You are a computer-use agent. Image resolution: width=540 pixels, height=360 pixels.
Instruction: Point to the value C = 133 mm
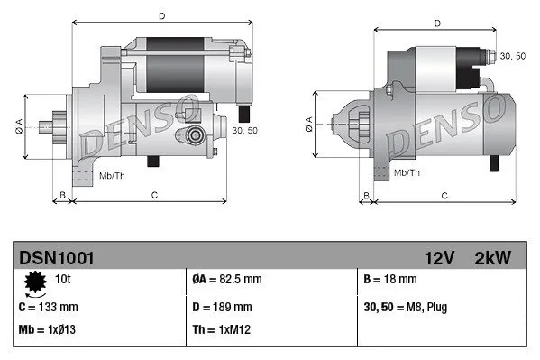pos(50,306)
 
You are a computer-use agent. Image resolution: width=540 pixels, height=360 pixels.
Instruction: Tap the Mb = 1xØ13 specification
pos(49,329)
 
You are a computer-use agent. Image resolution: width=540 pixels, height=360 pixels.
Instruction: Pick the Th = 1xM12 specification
pos(222,329)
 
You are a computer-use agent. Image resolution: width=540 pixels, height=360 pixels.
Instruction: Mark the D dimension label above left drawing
pos(161,15)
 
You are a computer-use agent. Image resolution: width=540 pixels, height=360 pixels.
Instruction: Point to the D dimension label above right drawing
pos(436,23)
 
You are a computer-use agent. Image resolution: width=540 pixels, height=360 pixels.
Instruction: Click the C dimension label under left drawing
pos(155,194)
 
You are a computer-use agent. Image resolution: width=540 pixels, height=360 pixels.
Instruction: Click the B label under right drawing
pos(366,194)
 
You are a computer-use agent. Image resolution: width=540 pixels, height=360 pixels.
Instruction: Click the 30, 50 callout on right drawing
pos(511,56)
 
